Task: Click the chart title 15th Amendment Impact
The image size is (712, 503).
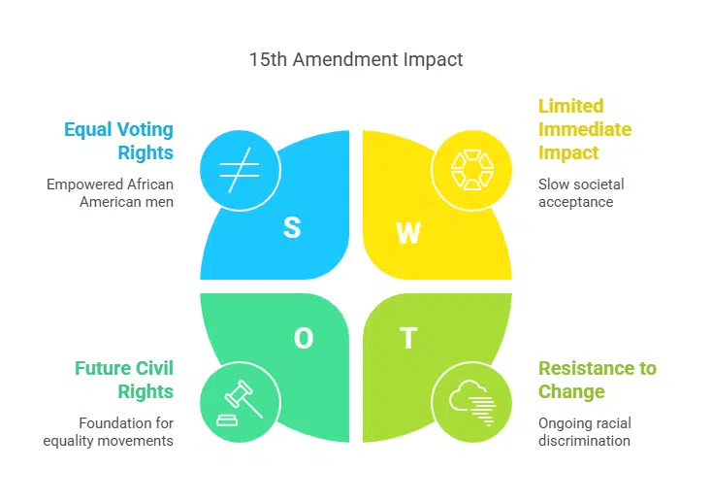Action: (356, 59)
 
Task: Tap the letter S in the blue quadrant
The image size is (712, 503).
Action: (291, 228)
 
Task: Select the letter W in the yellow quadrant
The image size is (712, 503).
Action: (409, 233)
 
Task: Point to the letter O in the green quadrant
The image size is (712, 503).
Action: (304, 337)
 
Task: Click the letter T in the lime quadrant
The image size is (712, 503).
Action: (408, 337)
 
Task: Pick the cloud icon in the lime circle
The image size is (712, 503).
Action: (471, 399)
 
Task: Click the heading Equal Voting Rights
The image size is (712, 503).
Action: (118, 141)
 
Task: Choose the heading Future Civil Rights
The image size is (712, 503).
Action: (124, 381)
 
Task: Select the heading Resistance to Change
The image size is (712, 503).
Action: (597, 381)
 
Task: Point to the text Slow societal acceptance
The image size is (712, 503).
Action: (581, 192)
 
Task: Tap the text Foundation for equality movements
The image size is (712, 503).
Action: (108, 431)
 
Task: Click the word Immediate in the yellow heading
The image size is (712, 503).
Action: (584, 129)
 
